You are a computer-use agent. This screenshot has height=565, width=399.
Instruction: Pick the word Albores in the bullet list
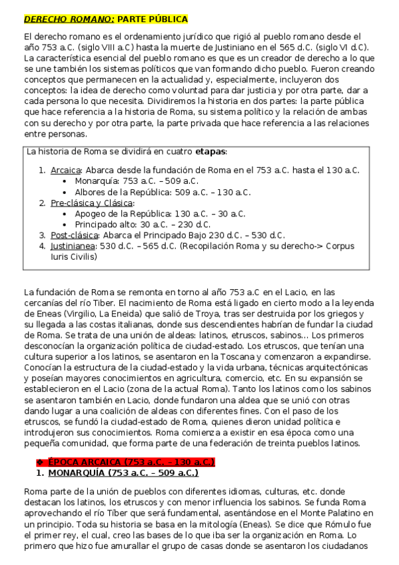pyautogui.click(x=93, y=193)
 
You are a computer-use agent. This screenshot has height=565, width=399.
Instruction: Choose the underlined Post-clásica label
pyautogui.click(x=75, y=235)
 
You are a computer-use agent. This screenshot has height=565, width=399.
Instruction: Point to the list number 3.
pyautogui.click(x=42, y=235)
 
